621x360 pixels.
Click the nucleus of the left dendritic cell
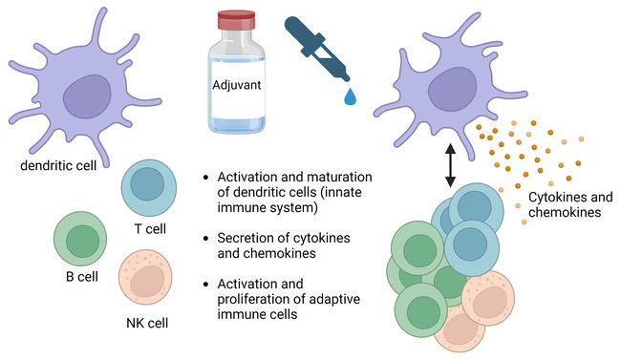point(93,98)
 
